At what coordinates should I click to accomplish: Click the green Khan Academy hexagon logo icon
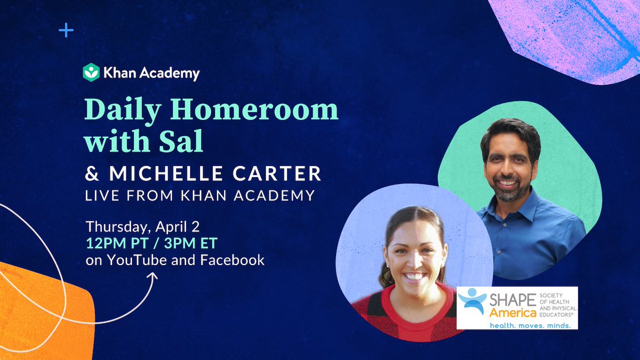(91, 72)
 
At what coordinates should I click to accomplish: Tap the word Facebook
(235, 261)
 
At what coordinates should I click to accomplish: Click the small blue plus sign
(66, 30)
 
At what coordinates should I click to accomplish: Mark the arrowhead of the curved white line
(155, 277)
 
